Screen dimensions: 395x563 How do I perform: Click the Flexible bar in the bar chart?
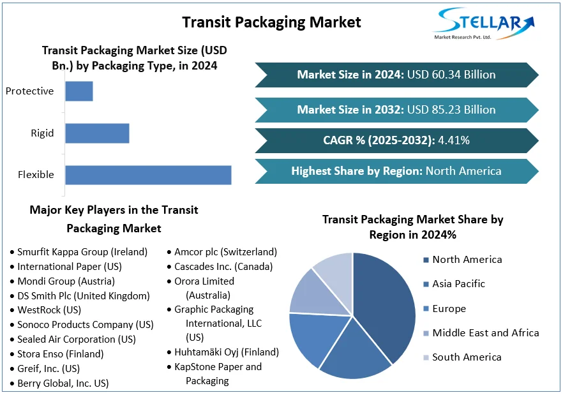(x=148, y=175)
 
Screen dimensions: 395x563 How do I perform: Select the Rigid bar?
(x=97, y=133)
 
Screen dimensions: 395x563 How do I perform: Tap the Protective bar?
(x=79, y=91)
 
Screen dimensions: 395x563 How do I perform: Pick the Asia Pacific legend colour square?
(x=425, y=284)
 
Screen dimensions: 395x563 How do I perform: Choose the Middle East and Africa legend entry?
(x=485, y=332)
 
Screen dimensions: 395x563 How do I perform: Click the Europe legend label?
(x=449, y=309)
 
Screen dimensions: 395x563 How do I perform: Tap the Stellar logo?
(x=483, y=24)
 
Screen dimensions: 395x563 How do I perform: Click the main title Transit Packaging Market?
(x=271, y=22)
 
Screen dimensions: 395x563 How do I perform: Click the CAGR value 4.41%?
(x=454, y=140)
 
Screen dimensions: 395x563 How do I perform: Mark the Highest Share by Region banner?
(x=396, y=171)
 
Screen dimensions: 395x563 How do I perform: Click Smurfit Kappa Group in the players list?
(x=82, y=252)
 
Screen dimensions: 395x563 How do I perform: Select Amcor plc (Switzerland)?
(x=225, y=252)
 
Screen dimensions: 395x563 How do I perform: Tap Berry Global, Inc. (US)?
(x=63, y=384)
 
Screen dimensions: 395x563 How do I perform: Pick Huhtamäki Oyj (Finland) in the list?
(x=227, y=352)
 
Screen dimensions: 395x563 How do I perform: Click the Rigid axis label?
(x=42, y=133)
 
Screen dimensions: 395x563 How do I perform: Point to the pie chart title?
(x=412, y=227)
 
